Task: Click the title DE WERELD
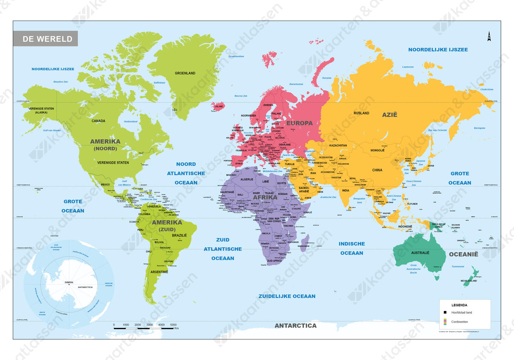pos(47,39)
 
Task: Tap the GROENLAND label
pos(185,73)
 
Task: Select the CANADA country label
pos(98,121)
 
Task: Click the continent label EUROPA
pos(299,123)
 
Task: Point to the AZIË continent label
pos(390,115)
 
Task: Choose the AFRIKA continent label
pos(265,197)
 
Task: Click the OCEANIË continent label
pos(463,254)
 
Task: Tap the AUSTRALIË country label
pos(420,253)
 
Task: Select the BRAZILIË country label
pos(179,236)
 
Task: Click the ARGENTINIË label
pos(159,272)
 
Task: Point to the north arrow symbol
pos(489,36)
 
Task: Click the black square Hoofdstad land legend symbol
pos(445,312)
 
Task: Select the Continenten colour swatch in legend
pos(445,322)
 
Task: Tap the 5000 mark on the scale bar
pos(173,325)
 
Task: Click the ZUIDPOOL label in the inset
pos(69,283)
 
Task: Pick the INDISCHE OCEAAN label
pos(352,248)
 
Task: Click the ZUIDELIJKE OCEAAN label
pos(287,296)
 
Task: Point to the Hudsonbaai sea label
pos(131,121)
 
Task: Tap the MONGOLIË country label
pos(377,150)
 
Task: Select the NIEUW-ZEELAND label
pos(469,281)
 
